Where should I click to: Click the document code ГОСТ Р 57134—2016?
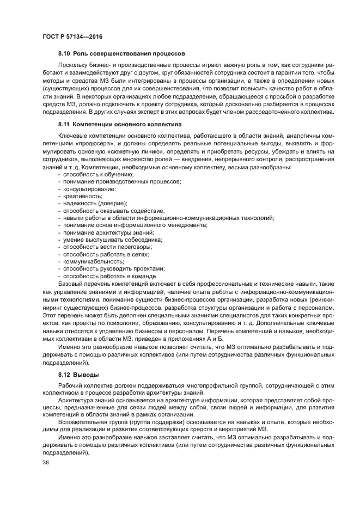click(72, 37)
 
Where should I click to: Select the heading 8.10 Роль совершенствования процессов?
click(121, 54)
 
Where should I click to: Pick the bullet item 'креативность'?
click(82, 195)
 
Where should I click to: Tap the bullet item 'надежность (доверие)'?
click(94, 203)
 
